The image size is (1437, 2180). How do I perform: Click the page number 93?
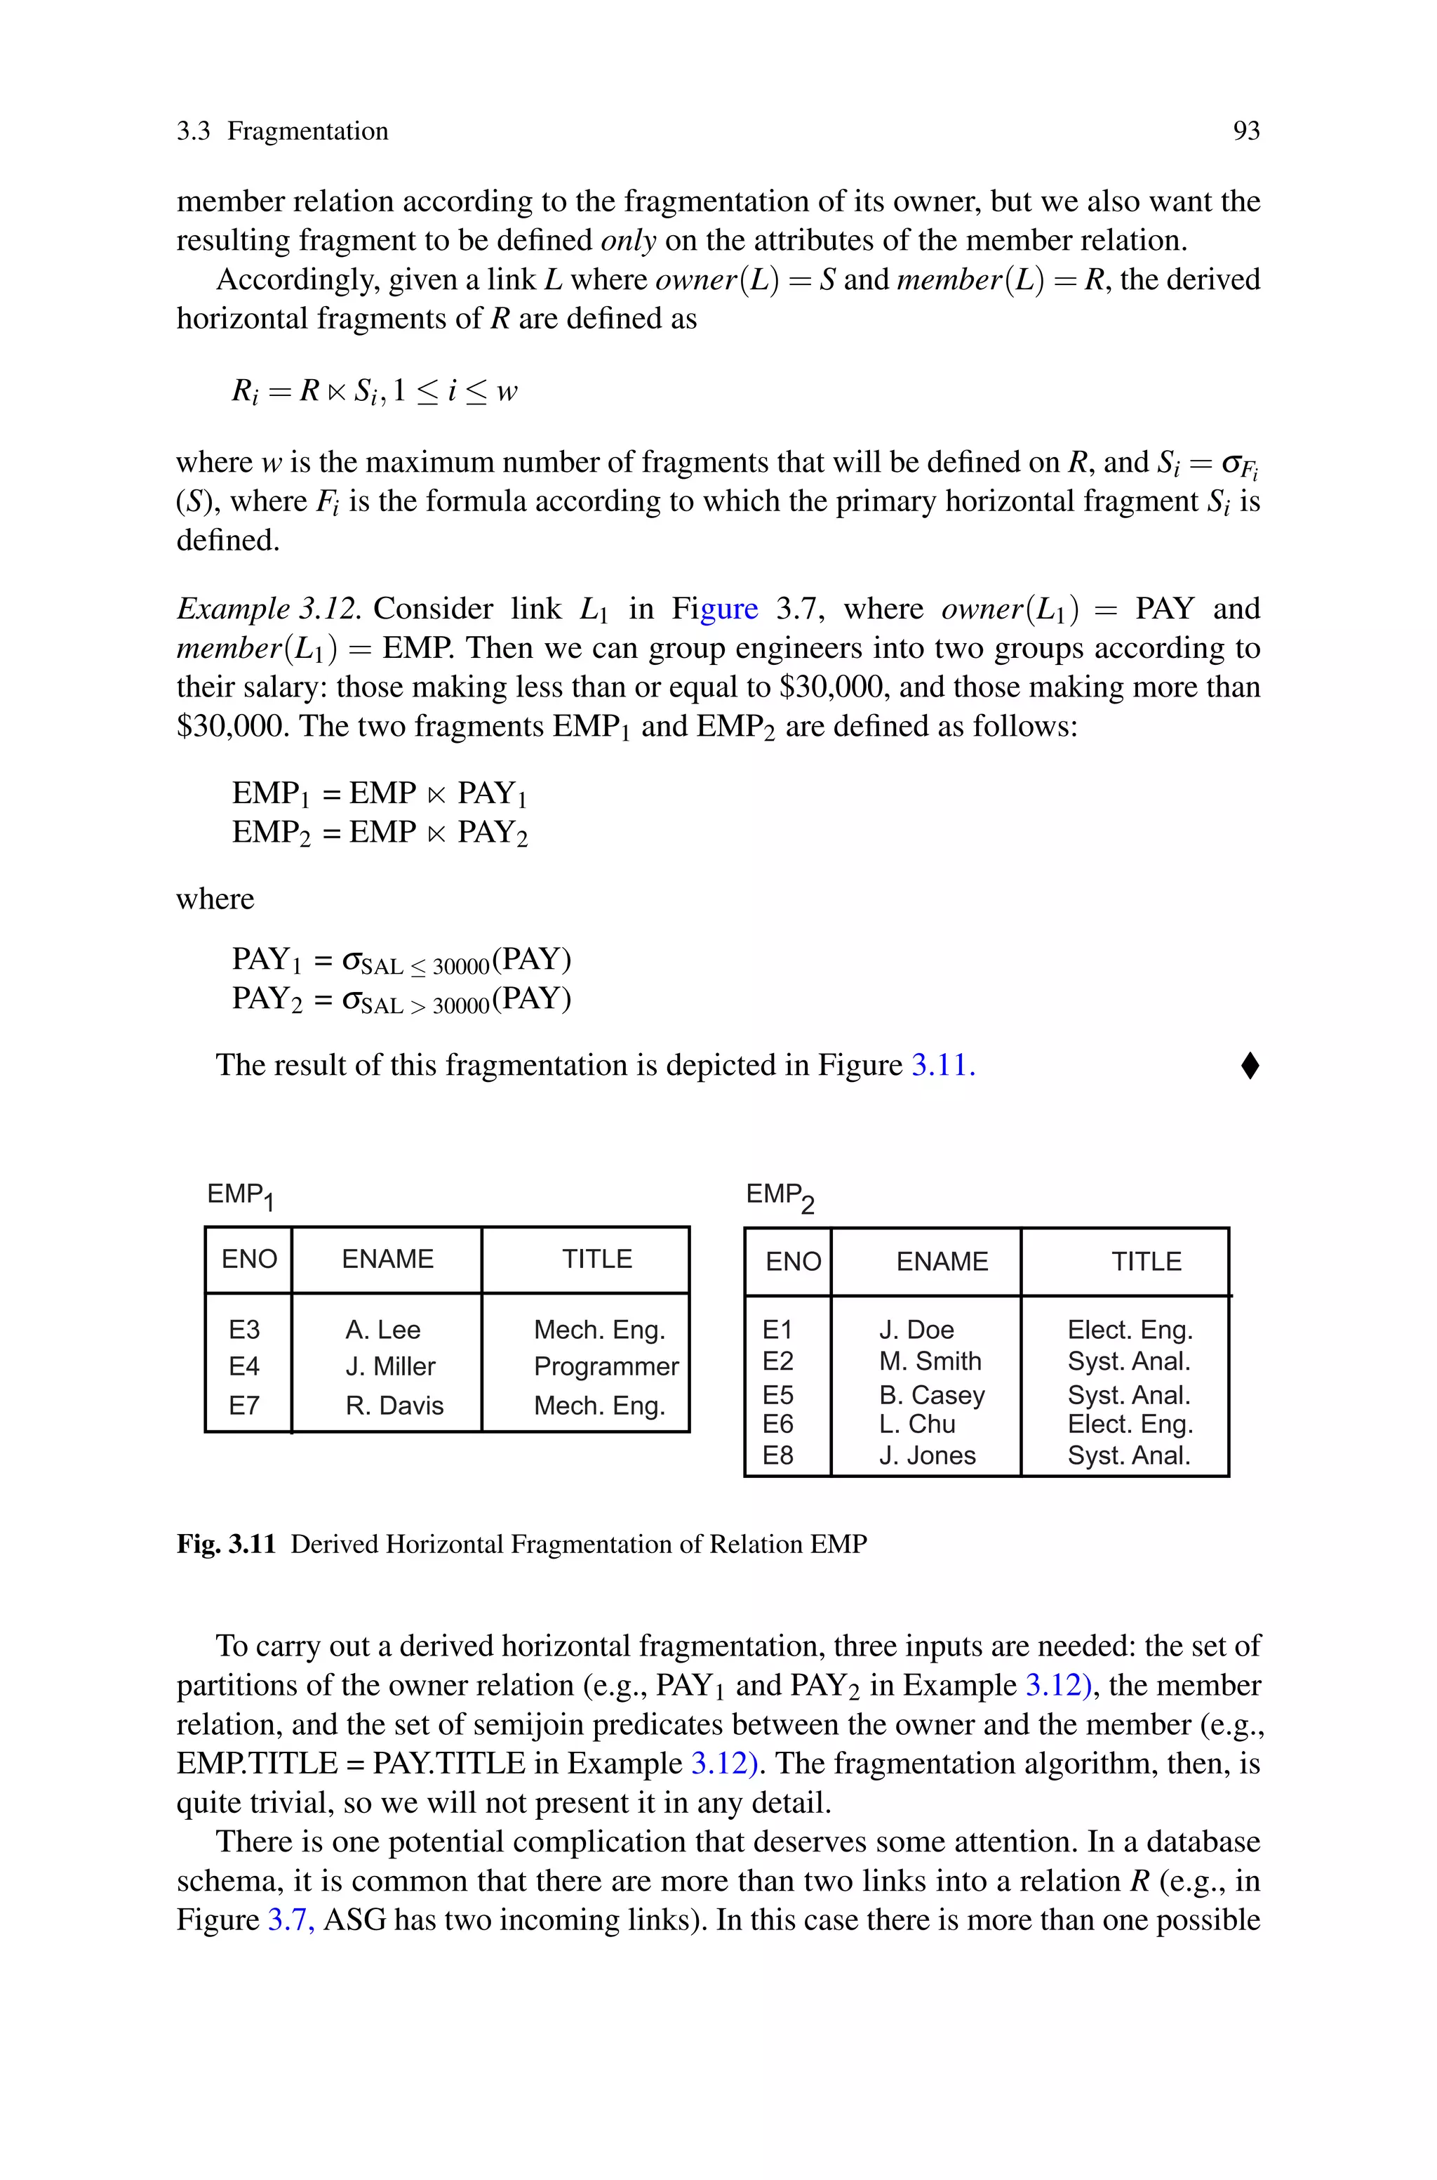pyautogui.click(x=1245, y=131)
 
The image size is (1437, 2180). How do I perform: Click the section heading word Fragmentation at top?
pyautogui.click(x=307, y=131)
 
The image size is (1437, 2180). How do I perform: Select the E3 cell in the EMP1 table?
pyautogui.click(x=243, y=1329)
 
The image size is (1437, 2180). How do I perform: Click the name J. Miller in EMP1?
pyautogui.click(x=389, y=1366)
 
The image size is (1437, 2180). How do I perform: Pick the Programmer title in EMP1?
pyautogui.click(x=606, y=1366)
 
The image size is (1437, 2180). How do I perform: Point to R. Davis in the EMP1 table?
pyautogui.click(x=394, y=1406)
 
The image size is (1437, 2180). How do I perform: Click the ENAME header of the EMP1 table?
pyautogui.click(x=387, y=1259)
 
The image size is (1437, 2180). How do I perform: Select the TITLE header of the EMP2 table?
pyautogui.click(x=1146, y=1262)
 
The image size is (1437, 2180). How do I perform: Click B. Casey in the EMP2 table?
pyautogui.click(x=931, y=1395)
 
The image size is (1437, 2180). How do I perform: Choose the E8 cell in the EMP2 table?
pyautogui.click(x=777, y=1455)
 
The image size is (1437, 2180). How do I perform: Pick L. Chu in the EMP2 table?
pyautogui.click(x=916, y=1425)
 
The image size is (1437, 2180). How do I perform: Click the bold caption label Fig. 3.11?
pyautogui.click(x=225, y=1545)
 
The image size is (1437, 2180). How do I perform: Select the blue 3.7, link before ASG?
pyautogui.click(x=290, y=1920)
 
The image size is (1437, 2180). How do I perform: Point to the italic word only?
pyautogui.click(x=628, y=240)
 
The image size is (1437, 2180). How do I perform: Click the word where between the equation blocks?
pyautogui.click(x=215, y=899)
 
